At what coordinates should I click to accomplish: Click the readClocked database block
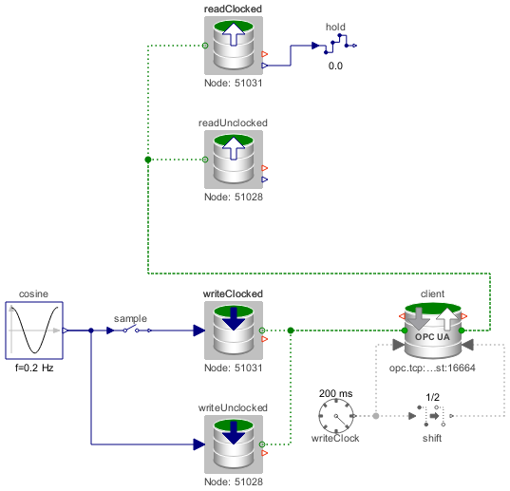[x=234, y=46]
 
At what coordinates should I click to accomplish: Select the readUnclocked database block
[x=234, y=160]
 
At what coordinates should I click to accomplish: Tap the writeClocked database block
[x=234, y=330]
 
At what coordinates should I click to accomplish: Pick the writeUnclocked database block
[x=234, y=444]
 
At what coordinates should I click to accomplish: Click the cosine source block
[x=34, y=330]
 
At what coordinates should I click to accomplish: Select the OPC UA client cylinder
[x=432, y=330]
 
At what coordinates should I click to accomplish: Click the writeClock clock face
[x=336, y=416]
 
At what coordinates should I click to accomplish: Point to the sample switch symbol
[x=130, y=330]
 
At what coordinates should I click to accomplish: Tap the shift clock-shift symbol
[x=431, y=416]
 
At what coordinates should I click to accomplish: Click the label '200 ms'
[x=335, y=393]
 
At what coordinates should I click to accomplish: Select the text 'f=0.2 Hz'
[x=34, y=368]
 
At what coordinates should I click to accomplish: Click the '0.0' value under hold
[x=335, y=66]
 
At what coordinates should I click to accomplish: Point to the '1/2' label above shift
[x=432, y=397]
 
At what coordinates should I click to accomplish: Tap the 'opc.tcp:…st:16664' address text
[x=432, y=368]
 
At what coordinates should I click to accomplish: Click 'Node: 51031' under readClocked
[x=234, y=83]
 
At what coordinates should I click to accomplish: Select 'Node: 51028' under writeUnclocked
[x=234, y=482]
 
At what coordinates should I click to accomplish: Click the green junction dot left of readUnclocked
[x=148, y=160]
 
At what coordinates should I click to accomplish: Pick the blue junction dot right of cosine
[x=91, y=330]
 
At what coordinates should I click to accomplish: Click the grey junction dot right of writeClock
[x=376, y=416]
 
